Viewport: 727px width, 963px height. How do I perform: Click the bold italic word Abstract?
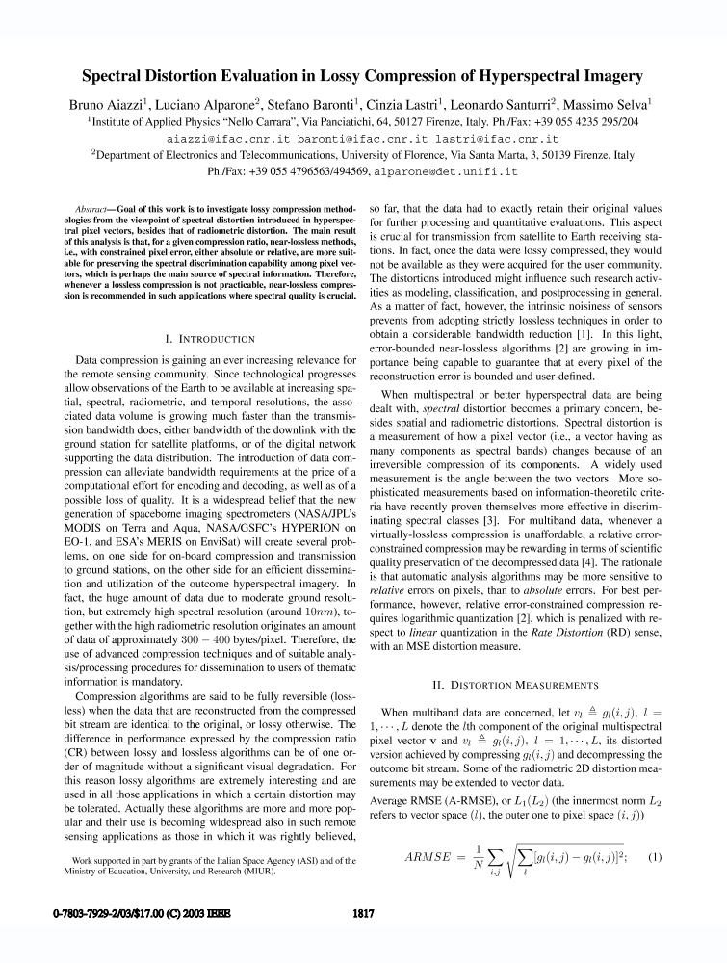coord(94,209)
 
